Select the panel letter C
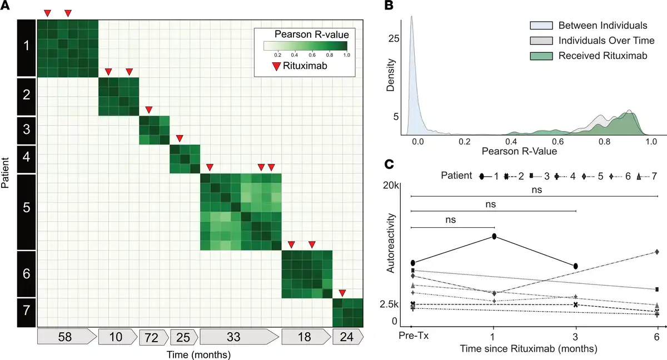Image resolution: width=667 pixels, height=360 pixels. pyautogui.click(x=390, y=164)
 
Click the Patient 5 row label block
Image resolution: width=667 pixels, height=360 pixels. pyautogui.click(x=26, y=212)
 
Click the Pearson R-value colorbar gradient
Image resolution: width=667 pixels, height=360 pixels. pyautogui.click(x=305, y=46)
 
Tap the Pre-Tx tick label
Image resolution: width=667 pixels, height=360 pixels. pyautogui.click(x=411, y=337)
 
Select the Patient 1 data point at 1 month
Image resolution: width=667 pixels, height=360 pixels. pyautogui.click(x=494, y=237)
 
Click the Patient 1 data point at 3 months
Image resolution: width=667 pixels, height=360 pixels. pyautogui.click(x=576, y=266)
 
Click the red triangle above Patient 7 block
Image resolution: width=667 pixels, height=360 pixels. pyautogui.click(x=342, y=293)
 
